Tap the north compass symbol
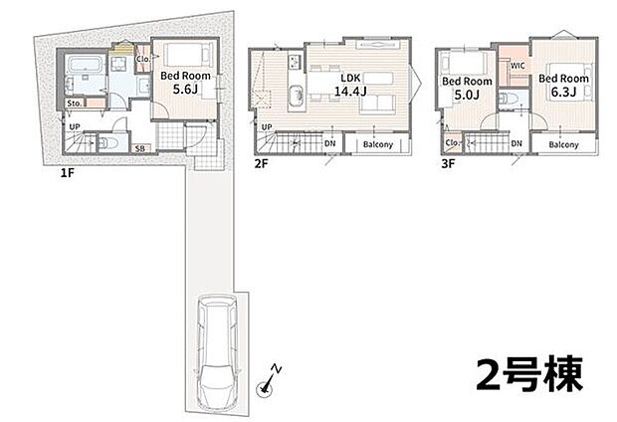pyautogui.click(x=269, y=382)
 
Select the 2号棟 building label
pyautogui.click(x=529, y=374)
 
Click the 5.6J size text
pyautogui.click(x=185, y=90)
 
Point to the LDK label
pyautogui.click(x=350, y=78)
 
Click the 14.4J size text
pyautogui.click(x=350, y=92)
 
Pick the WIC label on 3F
pyautogui.click(x=517, y=66)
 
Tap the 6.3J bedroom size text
pyautogui.click(x=563, y=93)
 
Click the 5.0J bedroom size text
pyautogui.click(x=467, y=95)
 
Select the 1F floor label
pyautogui.click(x=68, y=172)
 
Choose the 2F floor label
pyautogui.click(x=261, y=163)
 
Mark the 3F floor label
pyautogui.click(x=448, y=163)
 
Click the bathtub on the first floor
pyautogui.click(x=85, y=64)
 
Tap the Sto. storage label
pyautogui.click(x=75, y=104)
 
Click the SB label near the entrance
pyautogui.click(x=139, y=148)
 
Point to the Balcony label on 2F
pyautogui.click(x=378, y=144)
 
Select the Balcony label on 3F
pyautogui.click(x=563, y=144)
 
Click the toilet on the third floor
pyautogui.click(x=507, y=99)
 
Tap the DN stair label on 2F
pyautogui.click(x=329, y=143)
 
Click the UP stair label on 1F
pyautogui.click(x=75, y=127)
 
